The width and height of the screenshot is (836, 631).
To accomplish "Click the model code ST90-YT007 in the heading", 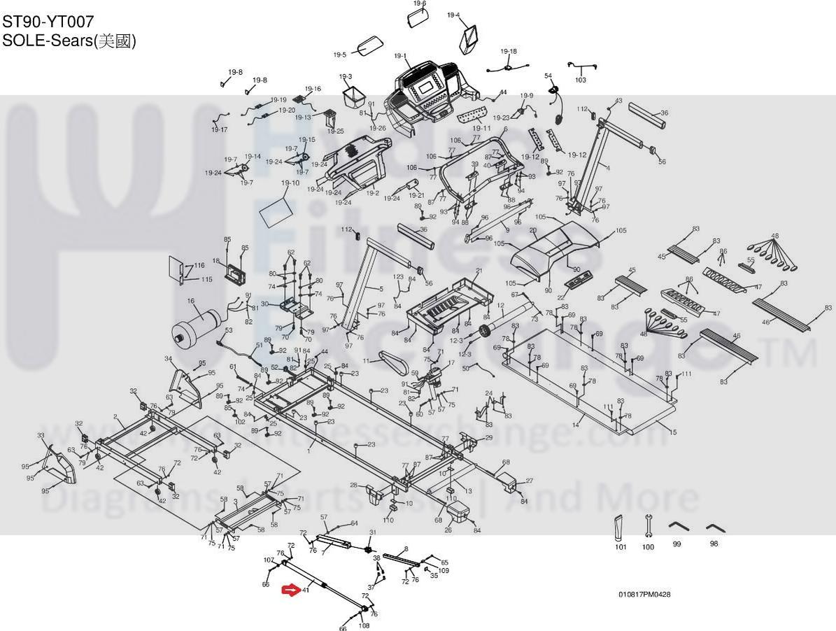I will pyautogui.click(x=48, y=22).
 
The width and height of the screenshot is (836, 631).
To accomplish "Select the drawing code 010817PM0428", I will pyautogui.click(x=644, y=595).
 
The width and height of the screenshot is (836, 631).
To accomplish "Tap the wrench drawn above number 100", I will pyautogui.click(x=649, y=525).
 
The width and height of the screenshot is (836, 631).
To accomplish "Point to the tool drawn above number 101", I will pyautogui.click(x=618, y=527).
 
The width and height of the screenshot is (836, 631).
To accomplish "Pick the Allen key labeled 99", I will pyautogui.click(x=676, y=527).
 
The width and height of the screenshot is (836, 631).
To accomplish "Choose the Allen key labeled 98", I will pyautogui.click(x=714, y=527).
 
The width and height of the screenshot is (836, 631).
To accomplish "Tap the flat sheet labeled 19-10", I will pyautogui.click(x=275, y=209).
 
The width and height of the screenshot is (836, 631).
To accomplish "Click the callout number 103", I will pyautogui.click(x=581, y=80).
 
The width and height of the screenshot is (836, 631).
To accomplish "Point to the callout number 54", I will pyautogui.click(x=548, y=76).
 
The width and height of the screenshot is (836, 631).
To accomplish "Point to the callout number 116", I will pyautogui.click(x=199, y=265).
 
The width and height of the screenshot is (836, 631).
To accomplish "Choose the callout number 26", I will pyautogui.click(x=448, y=530).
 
